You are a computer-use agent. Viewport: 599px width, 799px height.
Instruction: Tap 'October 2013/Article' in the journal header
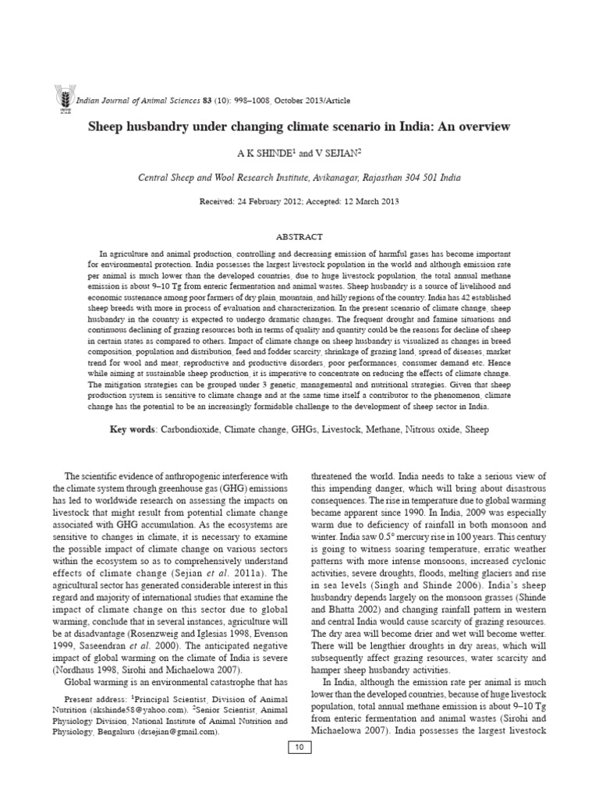click(x=305, y=101)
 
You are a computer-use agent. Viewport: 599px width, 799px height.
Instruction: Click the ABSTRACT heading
click(x=299, y=236)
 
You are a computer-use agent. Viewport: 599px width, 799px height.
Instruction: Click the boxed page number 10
click(x=299, y=748)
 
